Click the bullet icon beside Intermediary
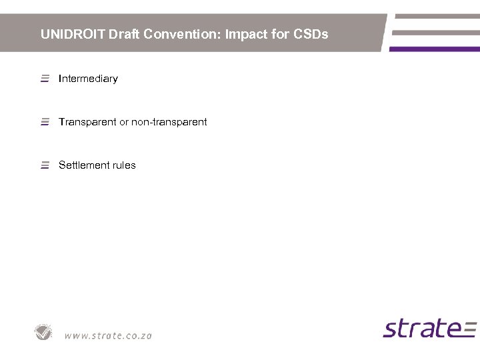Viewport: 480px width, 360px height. pos(45,79)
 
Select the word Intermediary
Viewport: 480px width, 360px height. pos(88,79)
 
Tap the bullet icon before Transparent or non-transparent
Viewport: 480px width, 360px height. pos(45,122)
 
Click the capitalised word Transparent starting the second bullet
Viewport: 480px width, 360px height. pos(87,122)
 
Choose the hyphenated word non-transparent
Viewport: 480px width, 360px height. pos(169,122)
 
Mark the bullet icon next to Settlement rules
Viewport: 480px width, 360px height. pos(45,165)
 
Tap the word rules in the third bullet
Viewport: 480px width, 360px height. pos(123,165)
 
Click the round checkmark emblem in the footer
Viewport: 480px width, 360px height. pos(44,332)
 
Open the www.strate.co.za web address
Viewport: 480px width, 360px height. pos(108,335)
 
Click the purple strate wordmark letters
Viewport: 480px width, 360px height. pos(419,329)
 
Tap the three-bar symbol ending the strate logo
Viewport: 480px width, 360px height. pos(469,329)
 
